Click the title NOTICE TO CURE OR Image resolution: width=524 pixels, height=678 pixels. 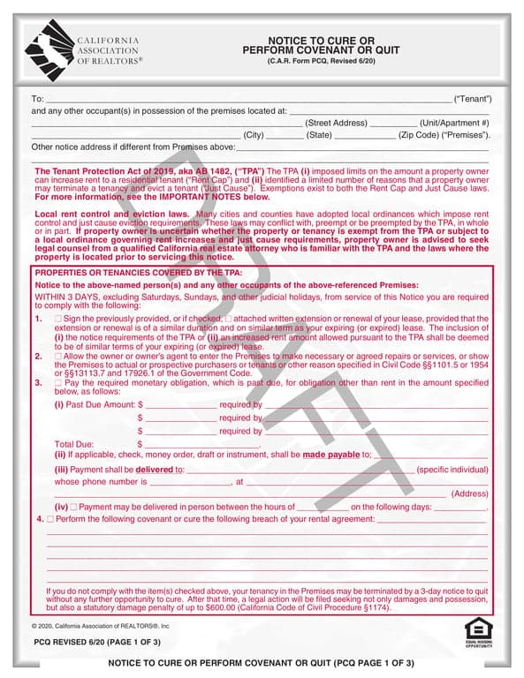[321, 41]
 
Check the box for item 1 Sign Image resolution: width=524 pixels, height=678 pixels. [58, 318]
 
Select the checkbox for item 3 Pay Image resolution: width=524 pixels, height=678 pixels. [58, 383]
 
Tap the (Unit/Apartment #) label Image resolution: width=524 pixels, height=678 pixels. [454, 123]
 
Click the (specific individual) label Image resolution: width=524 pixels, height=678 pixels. [452, 470]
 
